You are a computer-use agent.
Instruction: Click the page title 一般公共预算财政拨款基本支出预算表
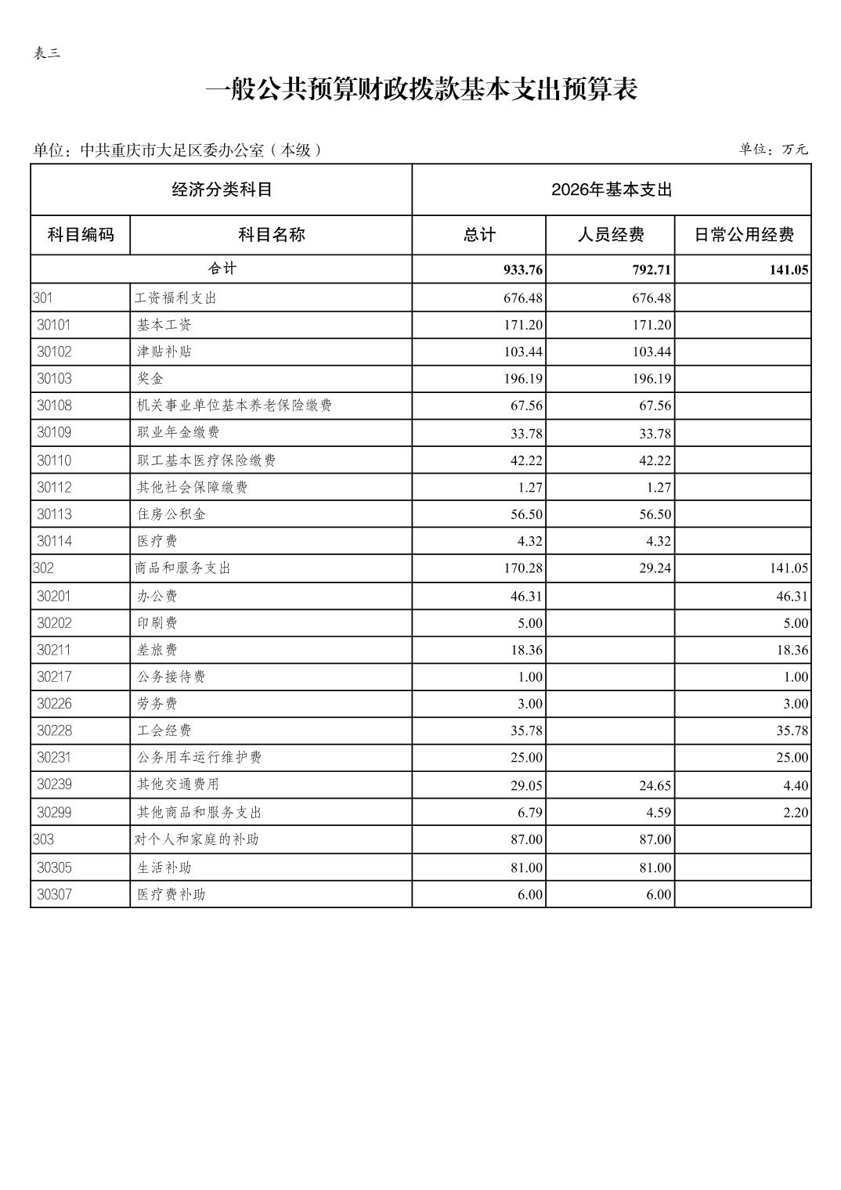tap(420, 89)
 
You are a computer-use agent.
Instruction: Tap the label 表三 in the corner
tap(47, 53)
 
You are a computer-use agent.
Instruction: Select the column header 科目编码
tap(80, 235)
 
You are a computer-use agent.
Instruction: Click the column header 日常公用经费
tap(743, 235)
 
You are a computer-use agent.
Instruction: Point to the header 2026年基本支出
tap(611, 189)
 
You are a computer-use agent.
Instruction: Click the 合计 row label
tap(222, 269)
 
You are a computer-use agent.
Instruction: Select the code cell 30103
tap(54, 379)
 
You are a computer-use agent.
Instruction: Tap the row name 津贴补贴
tap(164, 352)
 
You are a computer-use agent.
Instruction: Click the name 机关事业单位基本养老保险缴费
tap(234, 406)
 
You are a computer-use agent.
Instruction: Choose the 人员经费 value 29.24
tap(655, 568)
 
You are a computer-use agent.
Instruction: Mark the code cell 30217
tap(54, 676)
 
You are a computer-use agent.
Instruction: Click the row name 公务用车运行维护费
tap(199, 757)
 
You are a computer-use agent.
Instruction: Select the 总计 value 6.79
tap(529, 813)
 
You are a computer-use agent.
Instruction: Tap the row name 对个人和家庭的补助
tap(197, 839)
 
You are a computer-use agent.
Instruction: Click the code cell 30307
tap(54, 894)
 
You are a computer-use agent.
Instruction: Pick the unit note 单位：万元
tap(773, 149)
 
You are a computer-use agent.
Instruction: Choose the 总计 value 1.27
tap(529, 488)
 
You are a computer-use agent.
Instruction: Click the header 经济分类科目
tap(222, 189)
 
